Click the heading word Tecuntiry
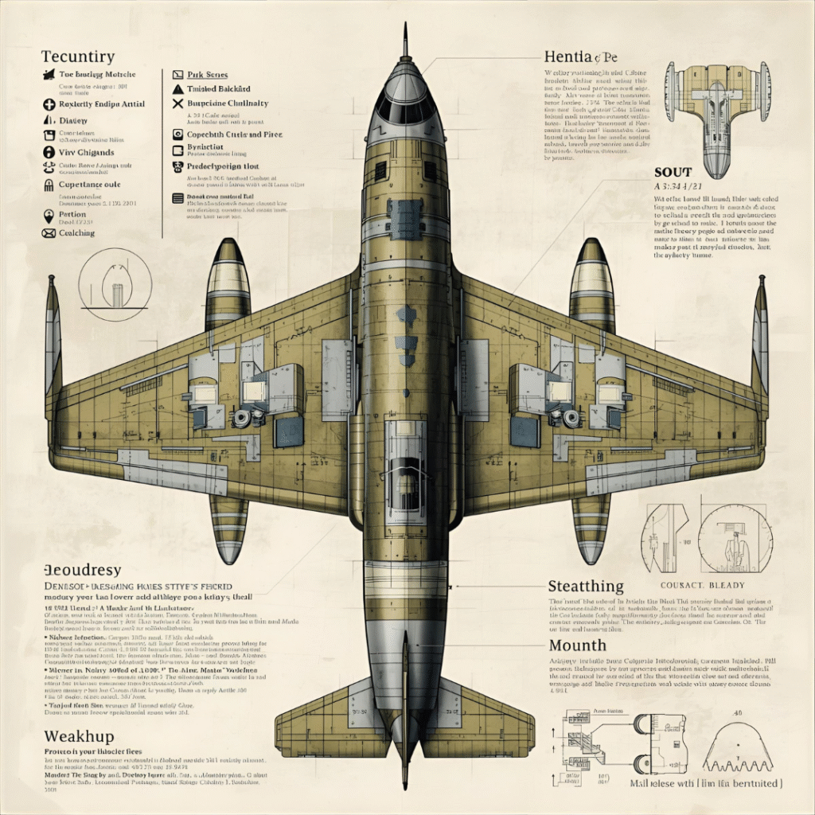77,57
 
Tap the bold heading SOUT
672,172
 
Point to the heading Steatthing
585,587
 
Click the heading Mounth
577,645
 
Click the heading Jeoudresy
82,570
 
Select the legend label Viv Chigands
87,152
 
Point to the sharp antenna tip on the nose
406,32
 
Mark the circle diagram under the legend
116,284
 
